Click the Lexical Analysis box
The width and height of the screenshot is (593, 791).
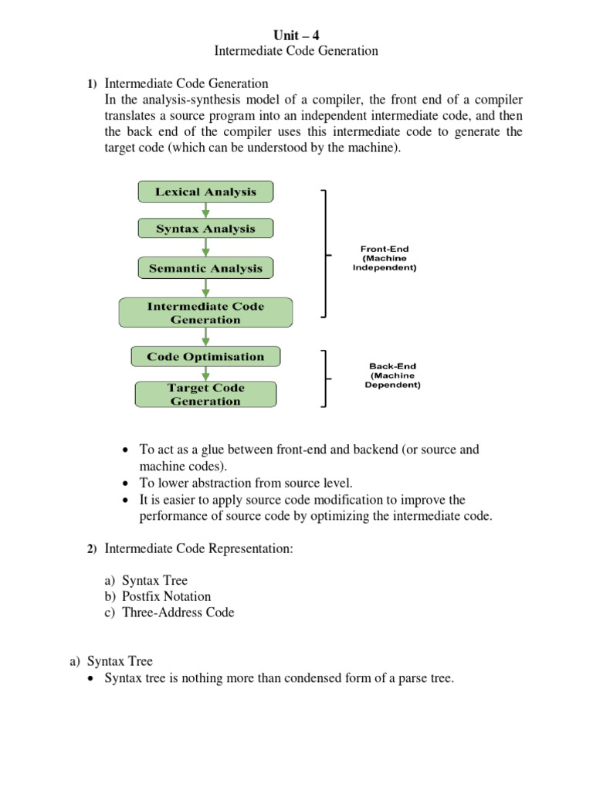pos(205,192)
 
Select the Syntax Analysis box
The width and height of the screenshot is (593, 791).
pos(205,229)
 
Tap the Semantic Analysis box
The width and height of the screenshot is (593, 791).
pos(205,269)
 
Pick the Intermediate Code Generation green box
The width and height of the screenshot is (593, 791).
pos(205,313)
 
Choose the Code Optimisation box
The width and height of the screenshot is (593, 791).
pos(205,357)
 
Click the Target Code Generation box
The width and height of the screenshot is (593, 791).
pos(205,395)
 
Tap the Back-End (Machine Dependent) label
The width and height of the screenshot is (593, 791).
pos(392,376)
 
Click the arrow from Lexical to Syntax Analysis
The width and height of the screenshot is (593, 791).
pos(205,210)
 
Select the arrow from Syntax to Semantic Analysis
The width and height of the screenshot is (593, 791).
pos(205,248)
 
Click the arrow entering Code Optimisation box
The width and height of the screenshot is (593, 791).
pos(205,337)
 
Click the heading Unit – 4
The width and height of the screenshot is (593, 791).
pos(296,35)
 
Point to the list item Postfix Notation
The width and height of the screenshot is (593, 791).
pos(166,596)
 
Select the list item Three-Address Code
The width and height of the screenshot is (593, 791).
pos(178,613)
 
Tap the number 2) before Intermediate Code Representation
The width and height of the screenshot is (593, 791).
pos(91,549)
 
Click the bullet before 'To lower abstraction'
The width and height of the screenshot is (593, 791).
pos(126,483)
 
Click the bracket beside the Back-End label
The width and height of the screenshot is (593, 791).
pos(325,378)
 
